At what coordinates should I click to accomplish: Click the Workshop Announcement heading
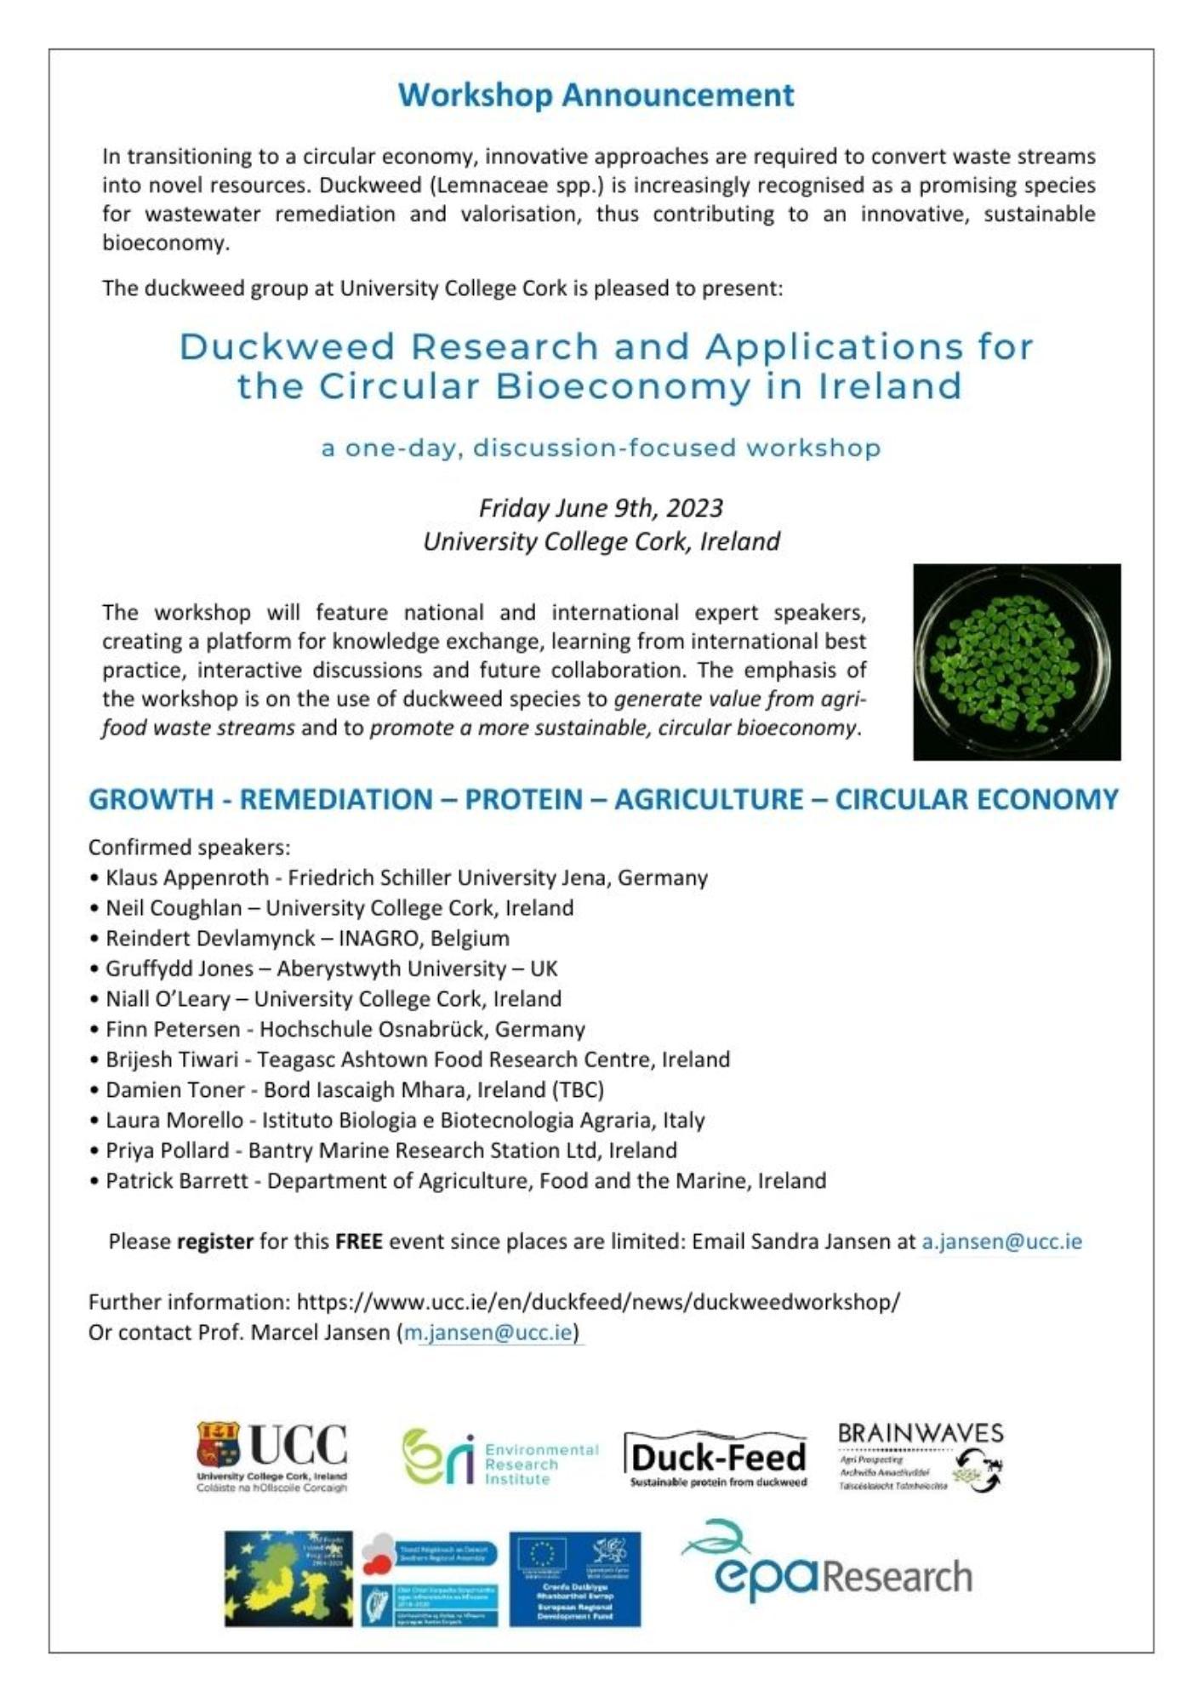(596, 94)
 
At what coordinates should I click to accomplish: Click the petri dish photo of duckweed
(1017, 661)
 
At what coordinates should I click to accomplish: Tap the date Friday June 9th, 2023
(601, 508)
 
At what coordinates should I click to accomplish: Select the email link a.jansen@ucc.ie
(1001, 1242)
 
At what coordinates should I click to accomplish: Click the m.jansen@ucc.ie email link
(488, 1332)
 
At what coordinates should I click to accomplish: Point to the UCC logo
(272, 1457)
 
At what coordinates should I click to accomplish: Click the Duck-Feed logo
(717, 1459)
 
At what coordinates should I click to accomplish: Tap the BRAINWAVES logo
(921, 1457)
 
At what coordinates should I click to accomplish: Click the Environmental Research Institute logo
(500, 1457)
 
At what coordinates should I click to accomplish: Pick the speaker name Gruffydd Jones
(180, 968)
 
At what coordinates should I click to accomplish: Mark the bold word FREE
(358, 1242)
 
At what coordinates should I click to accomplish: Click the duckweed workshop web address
(598, 1302)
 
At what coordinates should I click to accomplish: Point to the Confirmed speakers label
(190, 848)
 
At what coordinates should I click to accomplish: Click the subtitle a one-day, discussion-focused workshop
(601, 448)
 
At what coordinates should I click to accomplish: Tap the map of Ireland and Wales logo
(288, 1579)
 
